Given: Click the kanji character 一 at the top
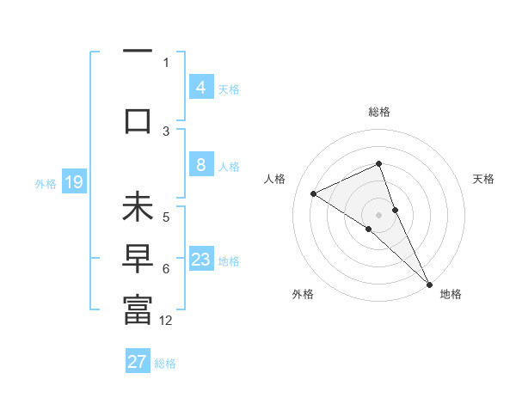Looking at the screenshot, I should click(138, 50).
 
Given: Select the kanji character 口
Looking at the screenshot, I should click(138, 120).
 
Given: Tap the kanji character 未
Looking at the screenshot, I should click(138, 209).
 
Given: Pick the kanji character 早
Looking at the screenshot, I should click(138, 260).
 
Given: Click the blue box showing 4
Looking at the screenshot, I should click(200, 88).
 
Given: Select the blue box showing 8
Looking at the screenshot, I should click(200, 165).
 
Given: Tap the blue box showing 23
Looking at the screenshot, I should click(200, 260).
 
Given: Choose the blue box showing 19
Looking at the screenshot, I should click(73, 182).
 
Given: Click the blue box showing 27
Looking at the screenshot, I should click(138, 362).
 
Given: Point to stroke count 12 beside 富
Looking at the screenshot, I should click(166, 321).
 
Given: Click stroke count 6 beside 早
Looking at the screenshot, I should click(166, 269).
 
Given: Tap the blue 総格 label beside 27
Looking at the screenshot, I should click(165, 363).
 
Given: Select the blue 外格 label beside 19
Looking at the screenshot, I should click(46, 183).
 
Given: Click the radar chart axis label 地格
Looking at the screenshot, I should click(451, 295).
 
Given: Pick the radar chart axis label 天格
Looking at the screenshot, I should click(483, 179).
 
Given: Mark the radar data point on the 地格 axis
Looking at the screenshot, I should click(429, 284).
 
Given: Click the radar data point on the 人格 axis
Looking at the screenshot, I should click(314, 193).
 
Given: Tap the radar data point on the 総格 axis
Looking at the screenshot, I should click(378, 163).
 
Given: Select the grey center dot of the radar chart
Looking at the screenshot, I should click(378, 214).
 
